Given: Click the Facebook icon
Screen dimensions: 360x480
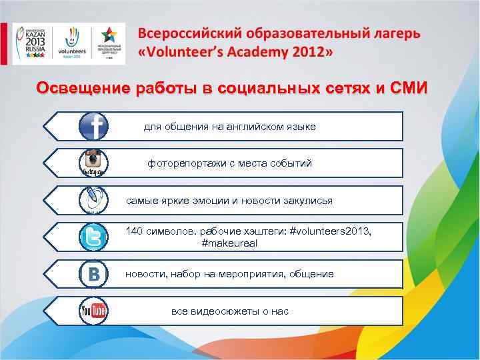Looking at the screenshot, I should coord(94,126).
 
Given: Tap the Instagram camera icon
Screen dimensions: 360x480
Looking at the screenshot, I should coord(94,163).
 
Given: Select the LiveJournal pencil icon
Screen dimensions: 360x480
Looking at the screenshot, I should coord(94,199).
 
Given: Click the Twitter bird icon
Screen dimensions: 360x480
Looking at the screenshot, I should coord(94,237).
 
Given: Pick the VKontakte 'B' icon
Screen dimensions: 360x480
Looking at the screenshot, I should coord(94,274).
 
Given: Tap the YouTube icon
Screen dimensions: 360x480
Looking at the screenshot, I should coord(94,311).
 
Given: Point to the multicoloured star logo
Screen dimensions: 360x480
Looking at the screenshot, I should coord(108,41).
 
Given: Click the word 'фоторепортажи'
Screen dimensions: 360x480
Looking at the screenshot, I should coord(185,163).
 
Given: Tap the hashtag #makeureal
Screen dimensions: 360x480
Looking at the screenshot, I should coord(229,243).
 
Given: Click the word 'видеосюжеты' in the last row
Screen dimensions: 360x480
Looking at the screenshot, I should coord(222,311).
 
